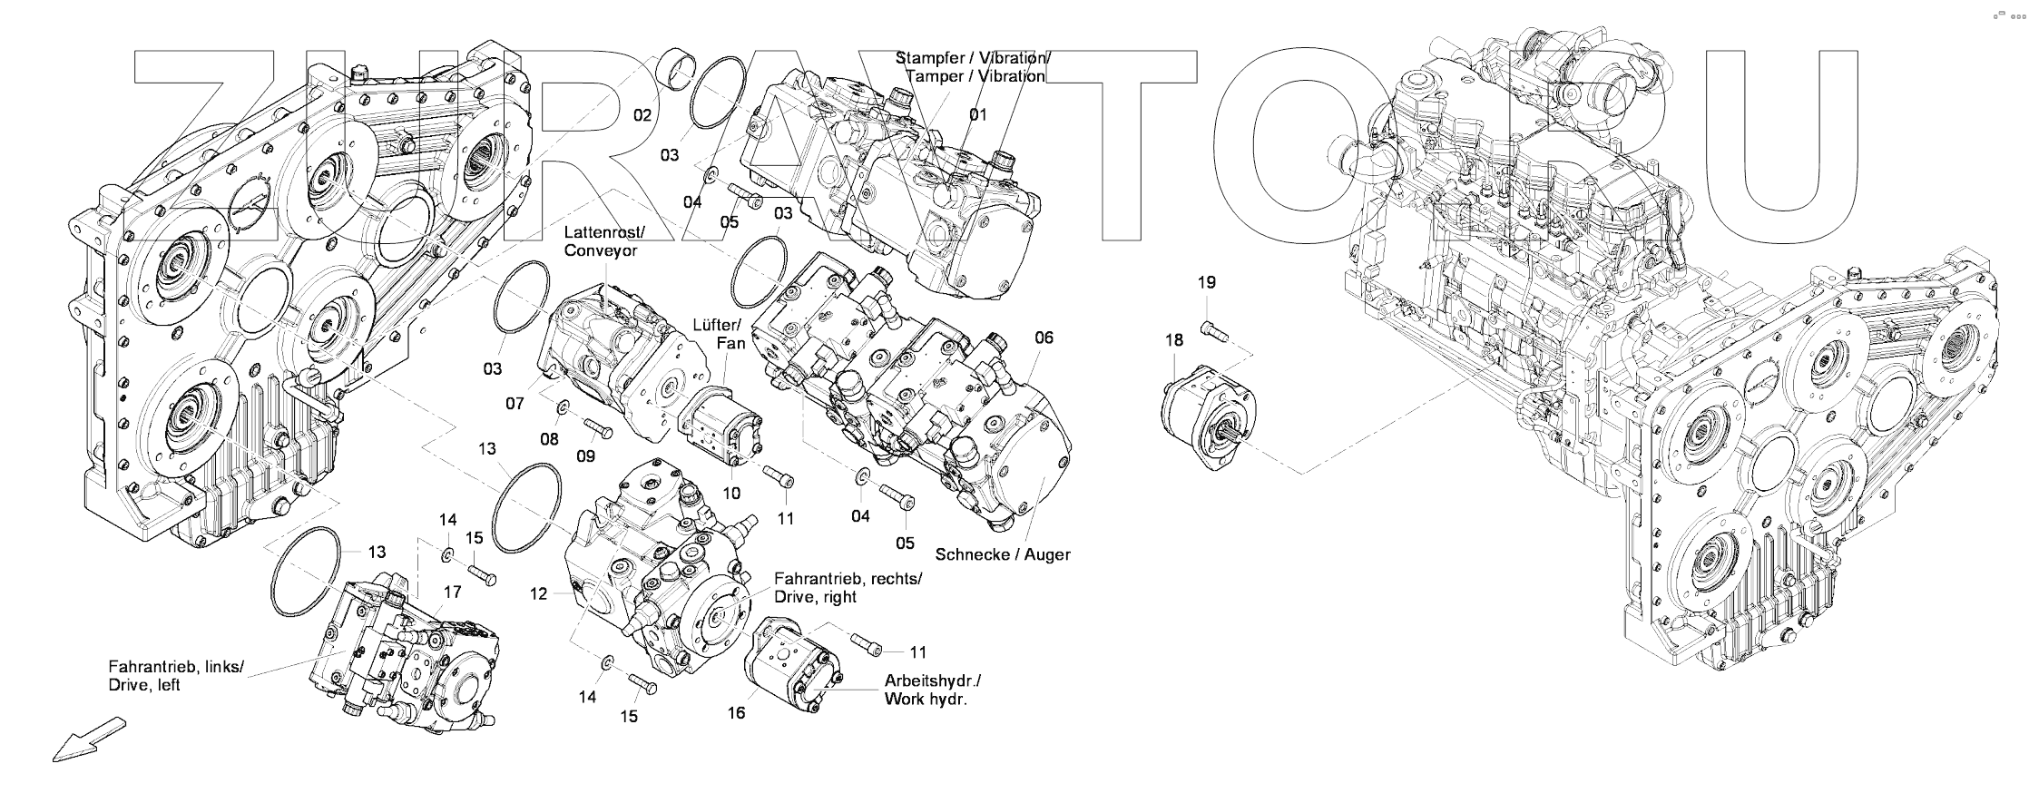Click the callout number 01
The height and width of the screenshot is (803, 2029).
pos(977,115)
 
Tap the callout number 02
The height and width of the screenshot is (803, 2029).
pos(642,115)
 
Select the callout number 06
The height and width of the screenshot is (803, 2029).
pos(1044,338)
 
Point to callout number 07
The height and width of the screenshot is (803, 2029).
pos(515,403)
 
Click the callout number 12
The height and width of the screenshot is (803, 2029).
pos(539,593)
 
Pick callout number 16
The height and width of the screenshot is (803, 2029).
pos(736,713)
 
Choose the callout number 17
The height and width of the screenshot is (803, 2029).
pos(452,592)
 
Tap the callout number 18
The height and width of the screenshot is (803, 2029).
pos(1174,340)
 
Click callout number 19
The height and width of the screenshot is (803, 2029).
pos(1206,282)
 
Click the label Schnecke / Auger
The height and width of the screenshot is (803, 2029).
pos(1003,553)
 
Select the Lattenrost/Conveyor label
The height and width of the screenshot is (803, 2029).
pos(601,241)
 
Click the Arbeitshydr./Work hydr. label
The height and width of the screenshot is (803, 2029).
pos(932,690)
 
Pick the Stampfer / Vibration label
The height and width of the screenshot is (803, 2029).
pos(974,67)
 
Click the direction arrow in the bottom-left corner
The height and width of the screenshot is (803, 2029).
pos(87,739)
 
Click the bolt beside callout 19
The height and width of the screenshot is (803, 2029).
pos(1212,332)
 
